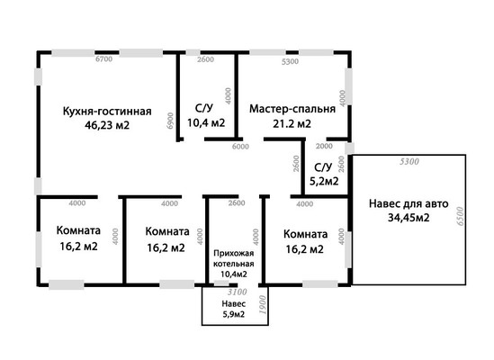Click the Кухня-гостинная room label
[x=107, y=112]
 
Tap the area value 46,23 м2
[x=107, y=125]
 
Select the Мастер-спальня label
[x=292, y=109]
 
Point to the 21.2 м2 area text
[x=292, y=123]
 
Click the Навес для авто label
[x=409, y=203]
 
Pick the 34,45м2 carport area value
[x=409, y=218]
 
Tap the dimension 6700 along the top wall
[x=104, y=58]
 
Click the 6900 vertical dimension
[x=170, y=121]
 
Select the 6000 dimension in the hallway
[x=240, y=147]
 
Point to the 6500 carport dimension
[x=461, y=216]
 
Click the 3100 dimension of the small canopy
[x=238, y=292]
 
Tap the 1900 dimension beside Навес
[x=263, y=304]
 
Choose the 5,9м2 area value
[x=233, y=314]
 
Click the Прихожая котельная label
[x=233, y=258]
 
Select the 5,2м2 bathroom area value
[x=324, y=181]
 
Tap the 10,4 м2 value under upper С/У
[x=206, y=122]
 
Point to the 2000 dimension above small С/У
[x=324, y=147]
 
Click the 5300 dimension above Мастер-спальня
[x=290, y=61]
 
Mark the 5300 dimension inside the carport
[x=409, y=161]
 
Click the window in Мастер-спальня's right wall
[x=349, y=86]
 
